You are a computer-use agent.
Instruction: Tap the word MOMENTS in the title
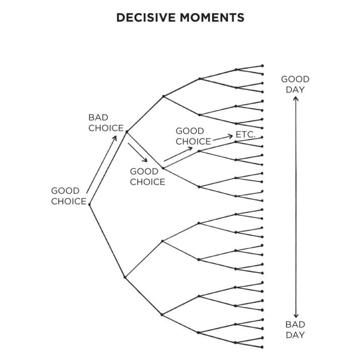click(213, 18)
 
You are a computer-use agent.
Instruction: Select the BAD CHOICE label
click(106, 123)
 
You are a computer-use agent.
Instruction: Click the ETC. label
click(246, 135)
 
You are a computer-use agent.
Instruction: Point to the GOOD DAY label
click(295, 84)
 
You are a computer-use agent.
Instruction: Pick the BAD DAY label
click(295, 329)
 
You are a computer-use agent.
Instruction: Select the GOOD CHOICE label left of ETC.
click(193, 136)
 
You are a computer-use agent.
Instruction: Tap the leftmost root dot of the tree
click(89, 204)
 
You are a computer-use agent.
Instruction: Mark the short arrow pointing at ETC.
click(222, 137)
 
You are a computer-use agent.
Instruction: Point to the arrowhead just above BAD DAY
click(296, 315)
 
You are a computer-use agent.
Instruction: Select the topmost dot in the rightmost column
click(262, 65)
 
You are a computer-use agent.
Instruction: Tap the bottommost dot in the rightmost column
click(262, 347)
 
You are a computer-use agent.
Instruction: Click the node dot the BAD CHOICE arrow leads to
click(126, 132)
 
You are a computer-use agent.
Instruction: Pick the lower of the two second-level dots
click(125, 277)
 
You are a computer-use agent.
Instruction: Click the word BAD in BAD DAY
click(295, 324)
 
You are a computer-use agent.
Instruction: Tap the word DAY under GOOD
click(295, 90)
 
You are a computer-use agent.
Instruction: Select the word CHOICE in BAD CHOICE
click(106, 128)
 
